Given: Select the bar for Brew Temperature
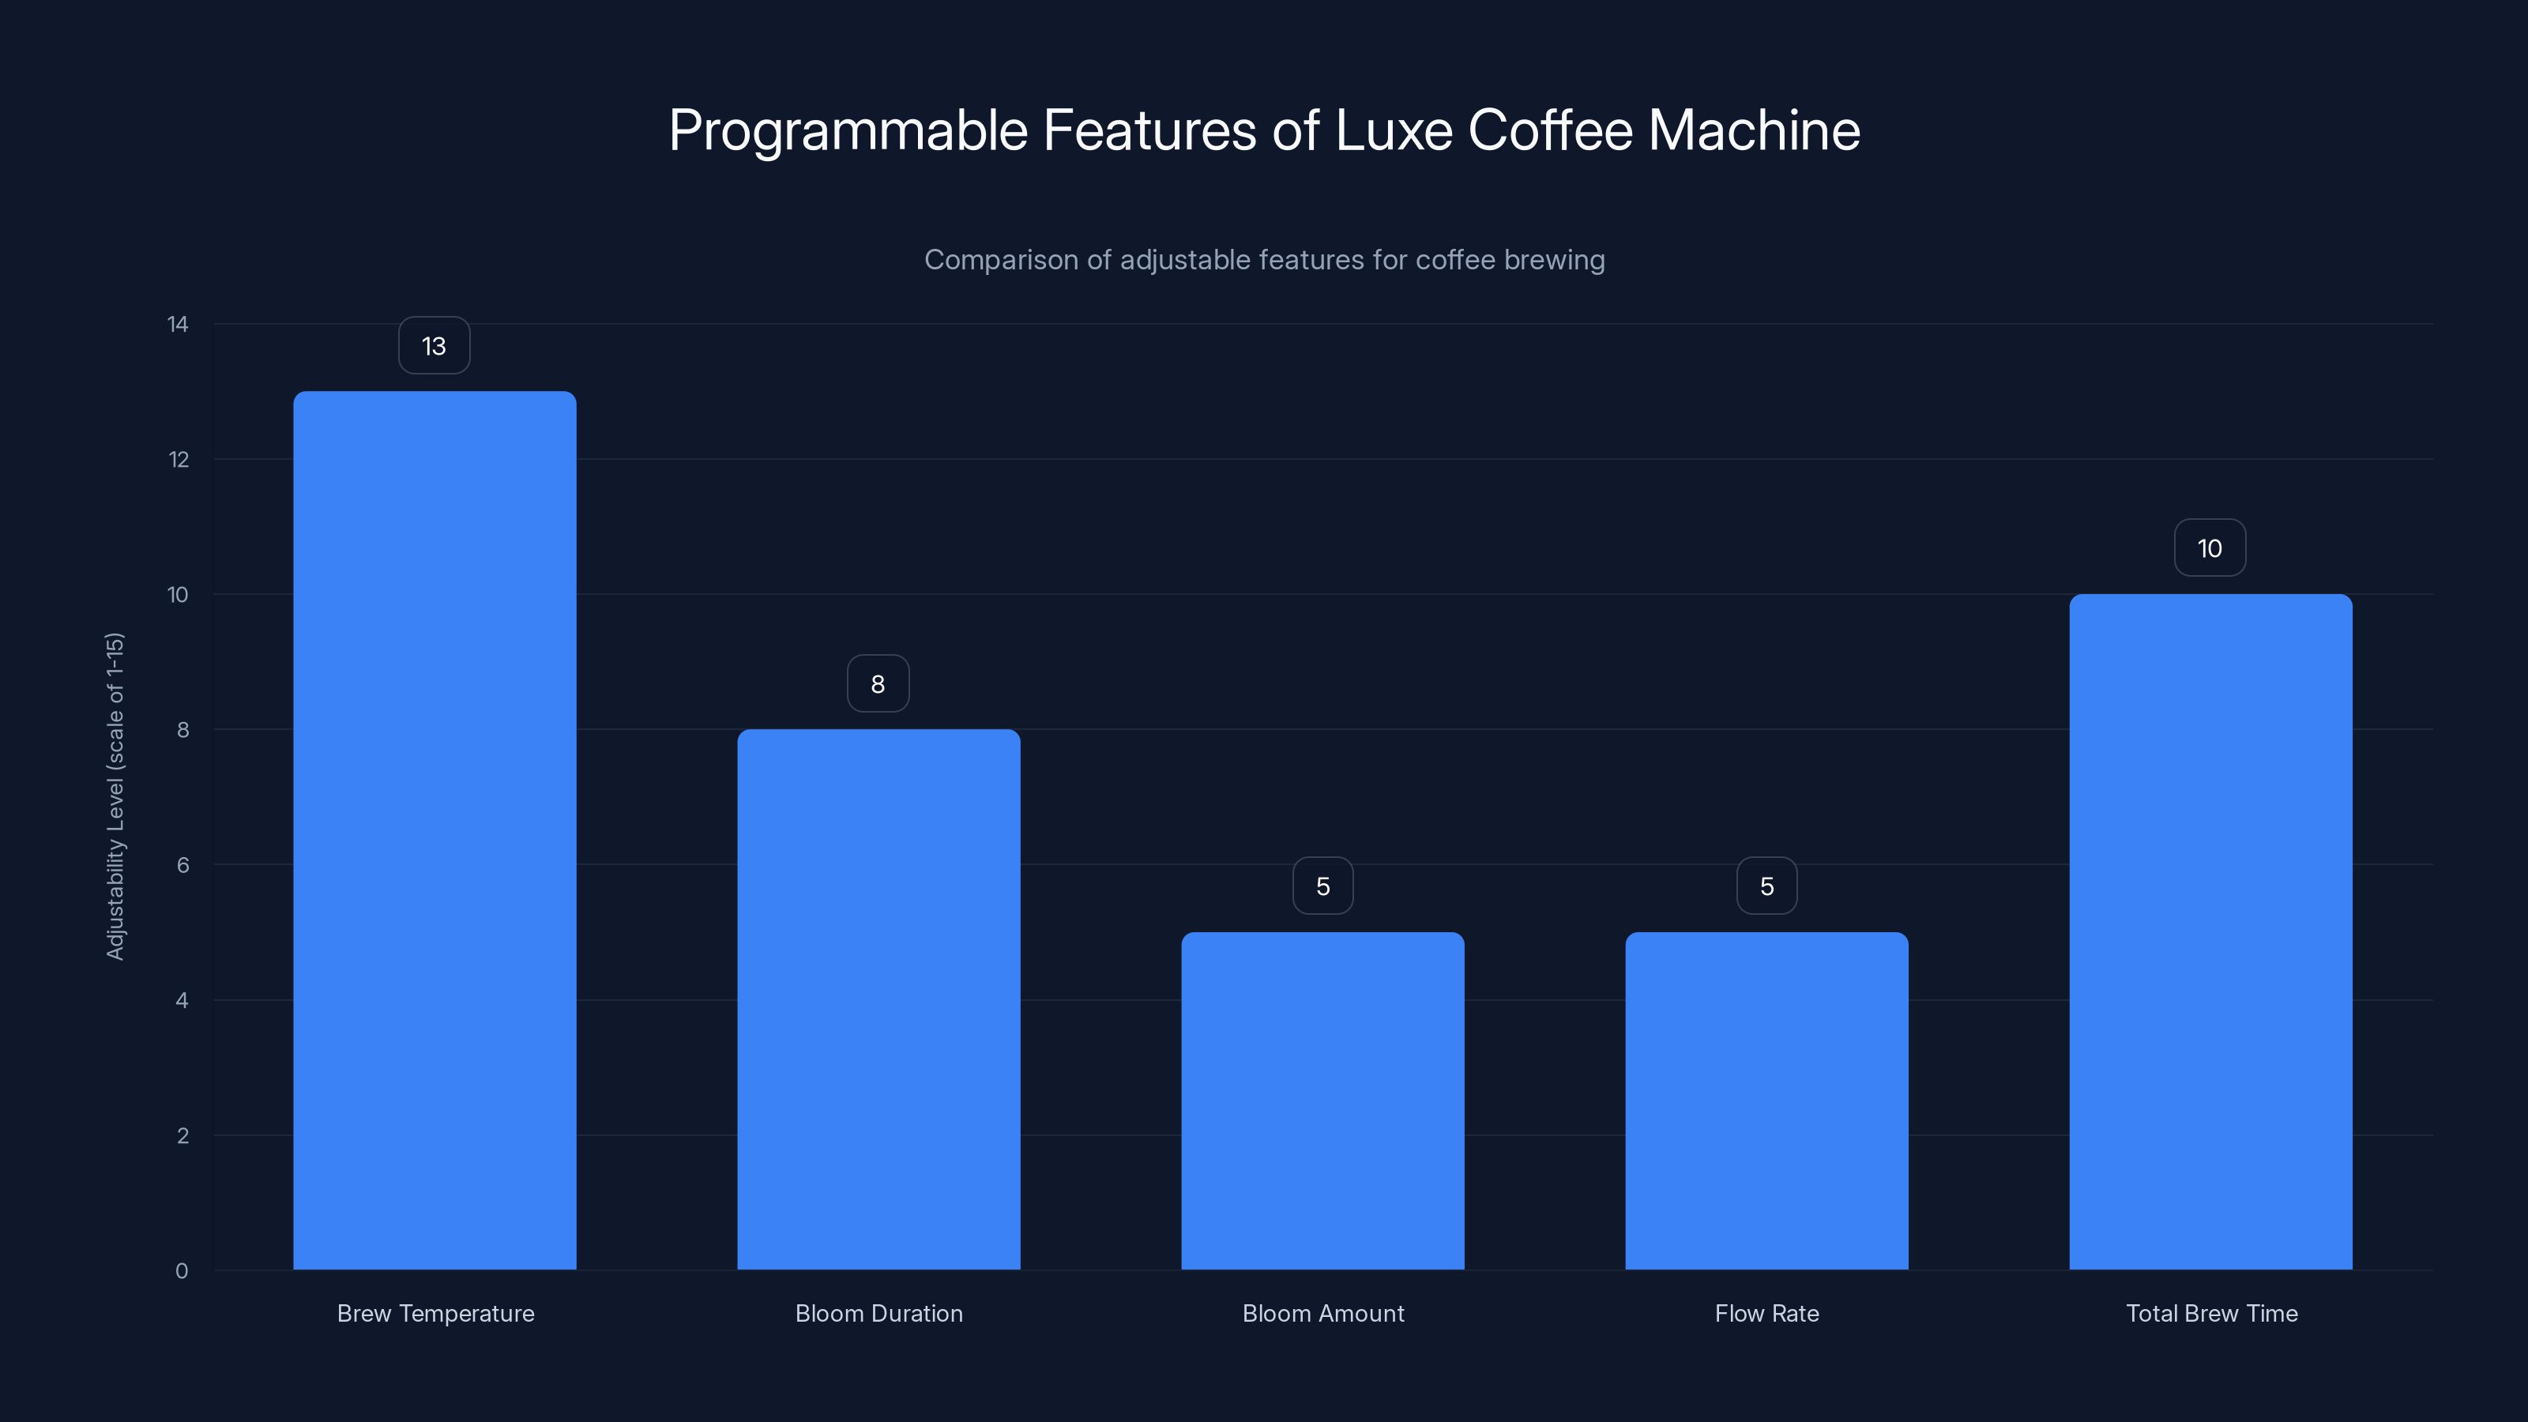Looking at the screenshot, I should click(x=434, y=830).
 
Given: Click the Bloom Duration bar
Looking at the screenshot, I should click(x=878, y=999).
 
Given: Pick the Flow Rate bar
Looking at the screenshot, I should click(x=1766, y=1100).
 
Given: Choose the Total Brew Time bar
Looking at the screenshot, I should click(x=2210, y=931).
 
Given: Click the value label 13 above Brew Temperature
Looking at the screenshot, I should click(x=434, y=345).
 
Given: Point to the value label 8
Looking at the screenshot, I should click(x=878, y=684).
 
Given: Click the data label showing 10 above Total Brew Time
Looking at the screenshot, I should click(x=2209, y=547).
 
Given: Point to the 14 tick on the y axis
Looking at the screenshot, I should click(x=178, y=324).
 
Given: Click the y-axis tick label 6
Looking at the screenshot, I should click(x=182, y=864).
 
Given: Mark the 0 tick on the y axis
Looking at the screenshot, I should click(x=182, y=1271).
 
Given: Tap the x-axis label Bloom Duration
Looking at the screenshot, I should click(x=878, y=1313).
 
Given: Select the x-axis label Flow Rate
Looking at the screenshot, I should click(x=1766, y=1313).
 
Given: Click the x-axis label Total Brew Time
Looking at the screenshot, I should click(x=2211, y=1313).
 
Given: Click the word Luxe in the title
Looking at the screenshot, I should click(x=1394, y=130).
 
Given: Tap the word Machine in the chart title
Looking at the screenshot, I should click(x=1754, y=130).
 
